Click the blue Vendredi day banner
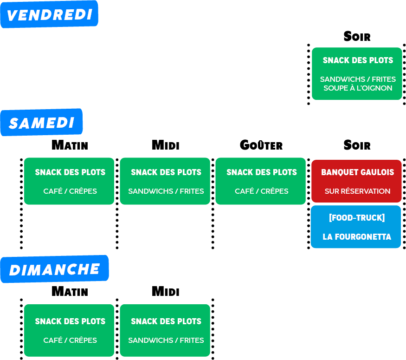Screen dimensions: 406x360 click(x=49, y=14)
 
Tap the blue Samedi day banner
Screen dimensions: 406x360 click(x=41, y=122)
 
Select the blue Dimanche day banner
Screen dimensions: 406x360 click(x=54, y=269)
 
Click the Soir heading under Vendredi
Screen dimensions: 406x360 click(x=357, y=36)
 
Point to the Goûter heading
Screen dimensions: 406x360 click(x=261, y=145)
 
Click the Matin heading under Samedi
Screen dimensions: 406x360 click(x=70, y=145)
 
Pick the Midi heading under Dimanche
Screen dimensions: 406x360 click(x=166, y=291)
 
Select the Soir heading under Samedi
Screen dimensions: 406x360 click(x=357, y=145)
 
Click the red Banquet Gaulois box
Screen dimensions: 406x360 click(x=356, y=181)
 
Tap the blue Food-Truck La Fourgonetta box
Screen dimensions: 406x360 click(x=356, y=227)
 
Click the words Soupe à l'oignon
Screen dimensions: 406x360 click(x=358, y=88)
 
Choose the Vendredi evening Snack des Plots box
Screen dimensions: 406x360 click(x=357, y=73)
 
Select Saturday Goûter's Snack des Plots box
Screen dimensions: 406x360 click(x=260, y=181)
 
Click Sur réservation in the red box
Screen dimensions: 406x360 click(x=357, y=191)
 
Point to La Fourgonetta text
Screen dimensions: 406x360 click(x=357, y=236)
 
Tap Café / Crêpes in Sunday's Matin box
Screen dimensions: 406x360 click(x=70, y=340)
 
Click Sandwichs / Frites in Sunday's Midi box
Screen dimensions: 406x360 click(x=166, y=340)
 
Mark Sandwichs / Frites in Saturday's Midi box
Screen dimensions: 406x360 click(x=166, y=191)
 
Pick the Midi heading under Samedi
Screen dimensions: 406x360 click(x=166, y=145)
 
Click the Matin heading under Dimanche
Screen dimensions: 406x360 click(x=70, y=291)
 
